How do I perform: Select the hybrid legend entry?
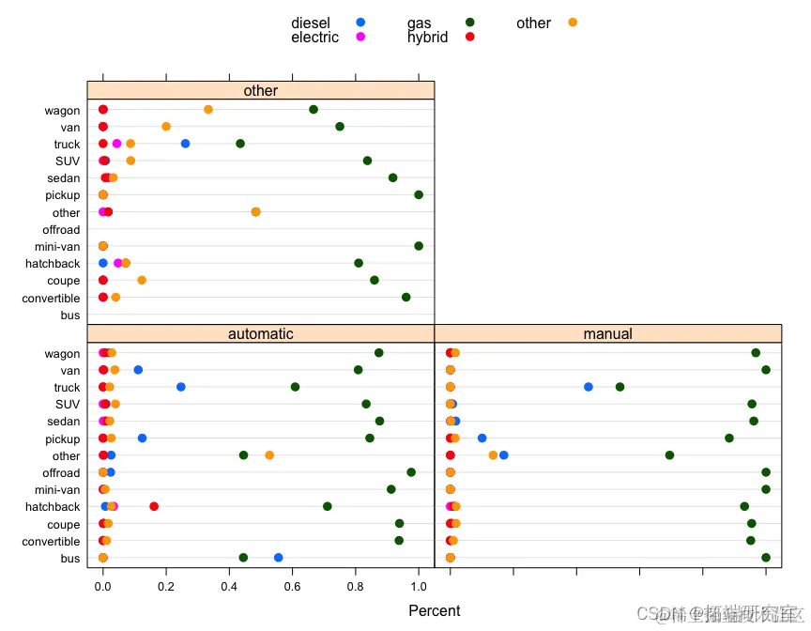click(x=440, y=38)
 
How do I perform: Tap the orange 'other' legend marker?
click(x=573, y=23)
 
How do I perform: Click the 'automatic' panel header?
click(x=261, y=334)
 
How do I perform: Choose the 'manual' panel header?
click(x=607, y=334)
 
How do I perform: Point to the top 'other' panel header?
click(x=261, y=91)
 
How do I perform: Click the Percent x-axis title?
click(x=435, y=611)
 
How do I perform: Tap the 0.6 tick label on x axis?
click(x=292, y=589)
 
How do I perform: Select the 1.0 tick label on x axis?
click(x=419, y=589)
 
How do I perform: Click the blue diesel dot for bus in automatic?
click(x=278, y=558)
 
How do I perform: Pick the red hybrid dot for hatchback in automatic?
click(x=154, y=507)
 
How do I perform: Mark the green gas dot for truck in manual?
click(x=620, y=387)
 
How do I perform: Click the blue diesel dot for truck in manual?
click(x=589, y=387)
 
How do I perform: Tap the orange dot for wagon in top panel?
click(x=208, y=110)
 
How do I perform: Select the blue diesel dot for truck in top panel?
click(x=185, y=144)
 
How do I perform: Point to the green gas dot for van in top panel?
click(x=340, y=127)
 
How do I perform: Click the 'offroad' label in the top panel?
click(x=61, y=230)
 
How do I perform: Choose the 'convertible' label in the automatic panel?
click(x=52, y=542)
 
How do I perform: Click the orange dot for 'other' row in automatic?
click(x=269, y=455)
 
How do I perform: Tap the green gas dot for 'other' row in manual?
click(x=669, y=455)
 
